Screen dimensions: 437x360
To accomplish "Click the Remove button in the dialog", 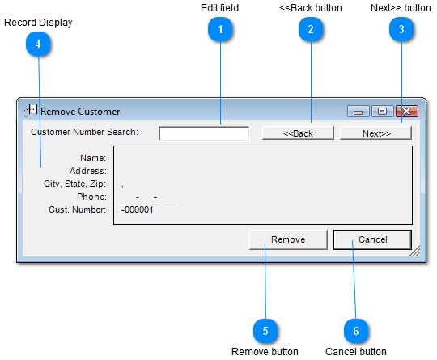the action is [x=288, y=239].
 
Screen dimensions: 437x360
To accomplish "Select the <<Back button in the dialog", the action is [x=298, y=133].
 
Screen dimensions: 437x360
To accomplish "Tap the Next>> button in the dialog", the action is [x=375, y=133].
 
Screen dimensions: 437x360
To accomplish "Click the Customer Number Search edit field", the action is [x=204, y=133].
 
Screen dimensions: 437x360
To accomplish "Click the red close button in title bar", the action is [x=407, y=112].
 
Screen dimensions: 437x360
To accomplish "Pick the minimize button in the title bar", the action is [x=359, y=112].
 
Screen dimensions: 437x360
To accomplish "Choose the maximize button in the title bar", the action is [x=382, y=112].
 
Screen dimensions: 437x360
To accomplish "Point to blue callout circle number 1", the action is [x=220, y=29].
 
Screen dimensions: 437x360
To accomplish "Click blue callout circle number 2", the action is [x=311, y=29].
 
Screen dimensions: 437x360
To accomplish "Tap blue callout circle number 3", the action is [x=401, y=29].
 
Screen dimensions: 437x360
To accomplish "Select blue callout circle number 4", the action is [x=38, y=44].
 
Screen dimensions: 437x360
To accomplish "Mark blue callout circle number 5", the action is [x=265, y=331].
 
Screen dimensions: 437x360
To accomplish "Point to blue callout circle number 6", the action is [x=356, y=331].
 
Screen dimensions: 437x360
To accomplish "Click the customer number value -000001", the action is [x=137, y=210].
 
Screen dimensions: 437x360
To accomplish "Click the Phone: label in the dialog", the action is [x=91, y=197].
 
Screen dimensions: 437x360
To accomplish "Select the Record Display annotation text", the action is [x=38, y=23].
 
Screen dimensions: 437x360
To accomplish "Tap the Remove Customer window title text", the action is [x=80, y=112].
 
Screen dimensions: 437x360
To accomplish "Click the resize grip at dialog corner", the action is [x=415, y=251].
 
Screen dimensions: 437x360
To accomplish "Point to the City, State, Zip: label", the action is [x=75, y=184].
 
